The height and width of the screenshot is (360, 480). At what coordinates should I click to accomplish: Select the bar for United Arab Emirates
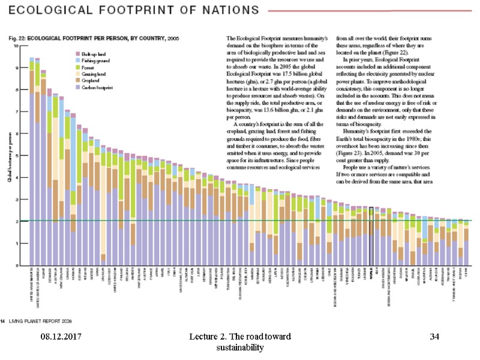(31, 162)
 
